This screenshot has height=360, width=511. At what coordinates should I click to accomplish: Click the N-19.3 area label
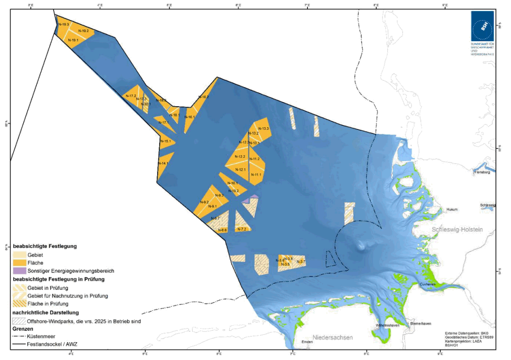click(63, 25)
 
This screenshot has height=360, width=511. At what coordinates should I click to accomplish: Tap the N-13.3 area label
click(263, 128)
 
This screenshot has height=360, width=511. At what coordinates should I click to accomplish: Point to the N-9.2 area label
click(204, 203)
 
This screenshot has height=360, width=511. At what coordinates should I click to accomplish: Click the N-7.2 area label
click(242, 229)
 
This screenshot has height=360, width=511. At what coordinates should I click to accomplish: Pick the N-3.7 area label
click(301, 261)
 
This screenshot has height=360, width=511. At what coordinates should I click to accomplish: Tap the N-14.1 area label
click(163, 164)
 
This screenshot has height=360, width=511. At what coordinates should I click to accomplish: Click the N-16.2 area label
click(204, 97)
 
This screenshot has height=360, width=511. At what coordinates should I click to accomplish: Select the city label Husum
click(453, 209)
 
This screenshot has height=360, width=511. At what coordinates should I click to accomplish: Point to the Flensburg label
click(482, 172)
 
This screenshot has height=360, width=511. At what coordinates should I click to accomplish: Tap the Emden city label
click(307, 342)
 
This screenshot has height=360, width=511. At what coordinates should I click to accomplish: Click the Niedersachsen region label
click(332, 338)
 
